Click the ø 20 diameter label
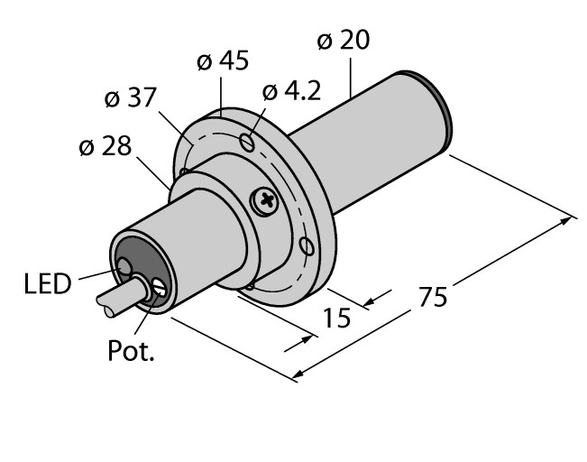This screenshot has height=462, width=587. click(x=344, y=42)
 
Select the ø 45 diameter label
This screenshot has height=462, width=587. click(x=223, y=62)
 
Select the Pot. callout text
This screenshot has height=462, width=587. click(x=131, y=351)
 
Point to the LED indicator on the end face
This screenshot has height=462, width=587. click(x=124, y=266)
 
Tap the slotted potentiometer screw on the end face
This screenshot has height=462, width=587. click(x=159, y=288)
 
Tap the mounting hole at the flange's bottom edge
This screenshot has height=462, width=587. click(x=249, y=288)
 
